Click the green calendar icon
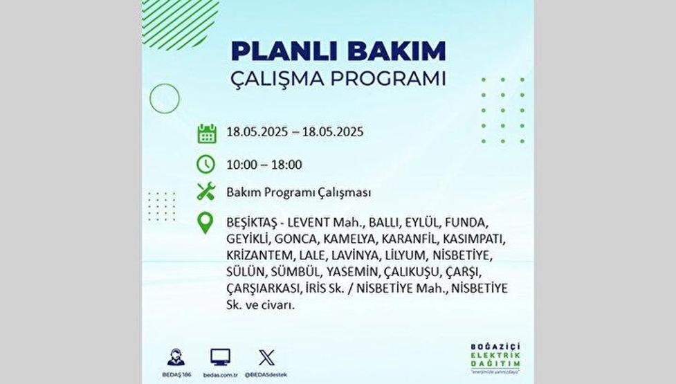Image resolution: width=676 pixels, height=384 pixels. [206, 133]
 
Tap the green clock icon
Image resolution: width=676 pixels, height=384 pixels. [206, 165]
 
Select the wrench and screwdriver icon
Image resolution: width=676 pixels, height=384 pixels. [206, 192]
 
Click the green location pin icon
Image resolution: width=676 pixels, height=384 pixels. [206, 223]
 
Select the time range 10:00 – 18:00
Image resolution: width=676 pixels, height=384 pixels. [264, 165]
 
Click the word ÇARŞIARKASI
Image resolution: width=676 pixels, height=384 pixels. [262, 289]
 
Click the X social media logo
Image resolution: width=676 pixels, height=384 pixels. [266, 358]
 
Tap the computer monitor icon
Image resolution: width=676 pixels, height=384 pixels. [221, 357]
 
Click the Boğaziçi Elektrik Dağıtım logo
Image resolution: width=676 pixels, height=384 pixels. [495, 356]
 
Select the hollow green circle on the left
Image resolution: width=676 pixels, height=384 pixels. [165, 98]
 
